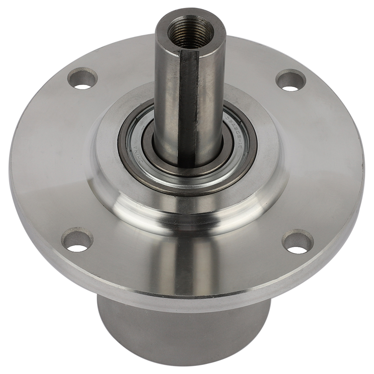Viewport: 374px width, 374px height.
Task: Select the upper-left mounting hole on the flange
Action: point(82,78)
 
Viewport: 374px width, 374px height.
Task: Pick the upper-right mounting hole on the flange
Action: point(291,80)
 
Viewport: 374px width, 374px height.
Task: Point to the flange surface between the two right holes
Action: point(321,160)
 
